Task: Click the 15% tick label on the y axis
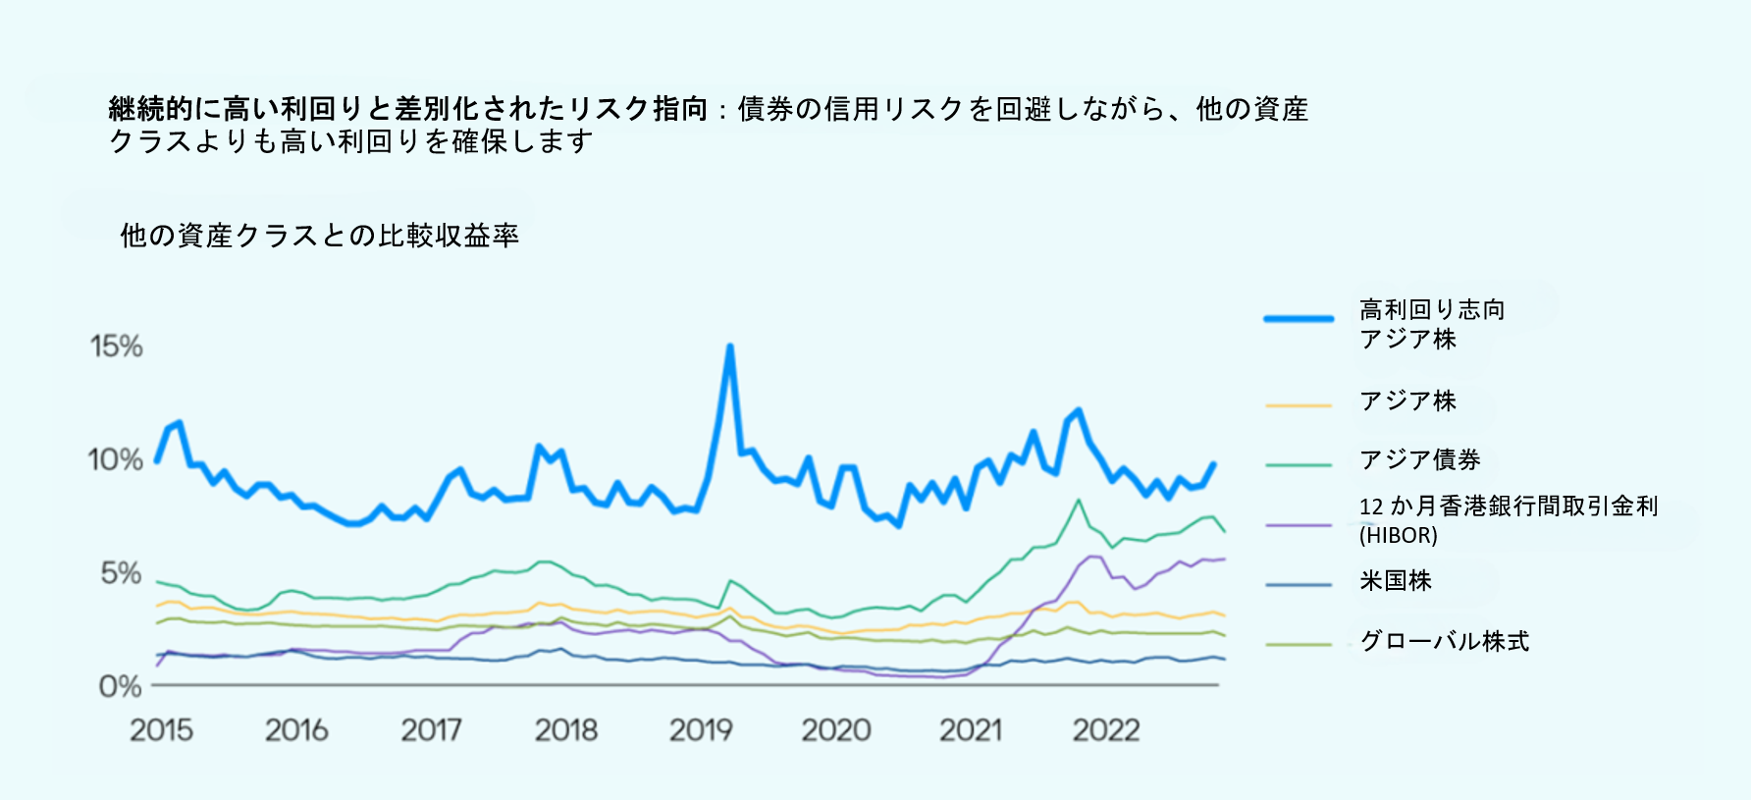pos(117,347)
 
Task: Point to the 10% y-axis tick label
pos(115,459)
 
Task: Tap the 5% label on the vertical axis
pos(121,573)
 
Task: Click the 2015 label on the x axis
pos(161,730)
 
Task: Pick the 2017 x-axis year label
pos(431,730)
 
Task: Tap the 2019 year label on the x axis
pos(701,730)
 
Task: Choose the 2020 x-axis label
pos(836,730)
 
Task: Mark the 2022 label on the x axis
pos(1106,730)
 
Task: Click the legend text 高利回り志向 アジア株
pos(1431,324)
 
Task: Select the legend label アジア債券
pos(1419,459)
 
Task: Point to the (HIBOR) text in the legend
pos(1398,535)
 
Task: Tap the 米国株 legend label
pos(1395,581)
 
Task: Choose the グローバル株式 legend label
pos(1444,642)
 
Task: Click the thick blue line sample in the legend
pos(1299,319)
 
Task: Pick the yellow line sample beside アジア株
pos(1299,404)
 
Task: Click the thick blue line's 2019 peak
pos(729,347)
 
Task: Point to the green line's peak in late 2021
pos(1079,500)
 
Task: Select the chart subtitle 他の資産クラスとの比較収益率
pos(319,236)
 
